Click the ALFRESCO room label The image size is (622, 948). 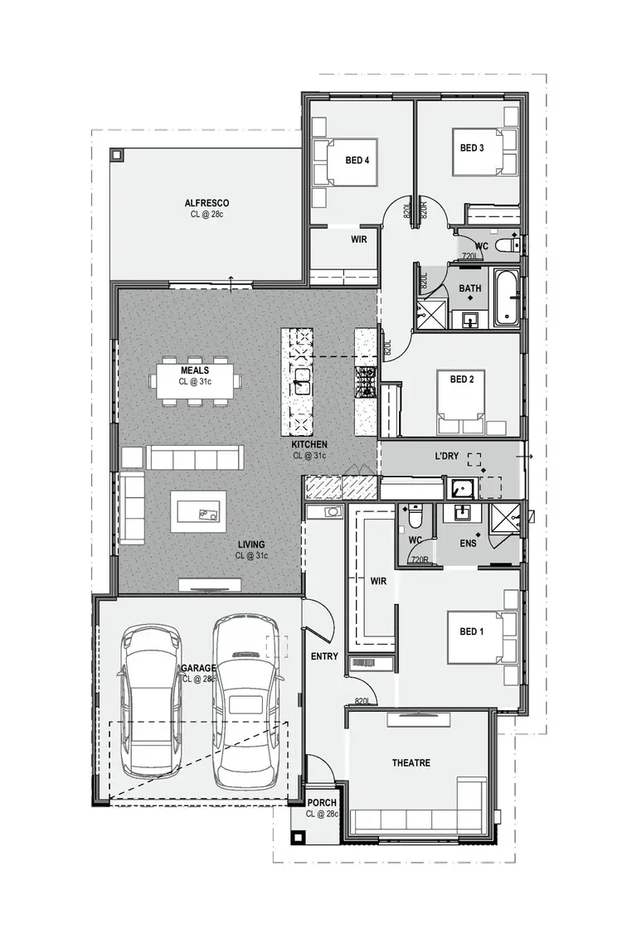pos(207,203)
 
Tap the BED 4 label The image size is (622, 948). pos(357,160)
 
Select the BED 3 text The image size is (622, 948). pos(472,148)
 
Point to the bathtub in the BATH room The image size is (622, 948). pos(507,297)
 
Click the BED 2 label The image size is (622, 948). pos(462,380)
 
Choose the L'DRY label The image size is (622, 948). pos(447,457)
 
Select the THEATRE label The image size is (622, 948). pos(411,762)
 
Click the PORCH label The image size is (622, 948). pos(322,803)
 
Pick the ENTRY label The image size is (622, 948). pos(324,656)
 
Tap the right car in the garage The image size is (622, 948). pos(245,700)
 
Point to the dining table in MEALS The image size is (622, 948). pos(196,381)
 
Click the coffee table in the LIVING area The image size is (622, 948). pos(198,511)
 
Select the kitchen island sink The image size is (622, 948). pos(302,383)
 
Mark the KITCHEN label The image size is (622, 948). pos(309,445)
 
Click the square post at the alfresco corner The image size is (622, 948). pos(116,155)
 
